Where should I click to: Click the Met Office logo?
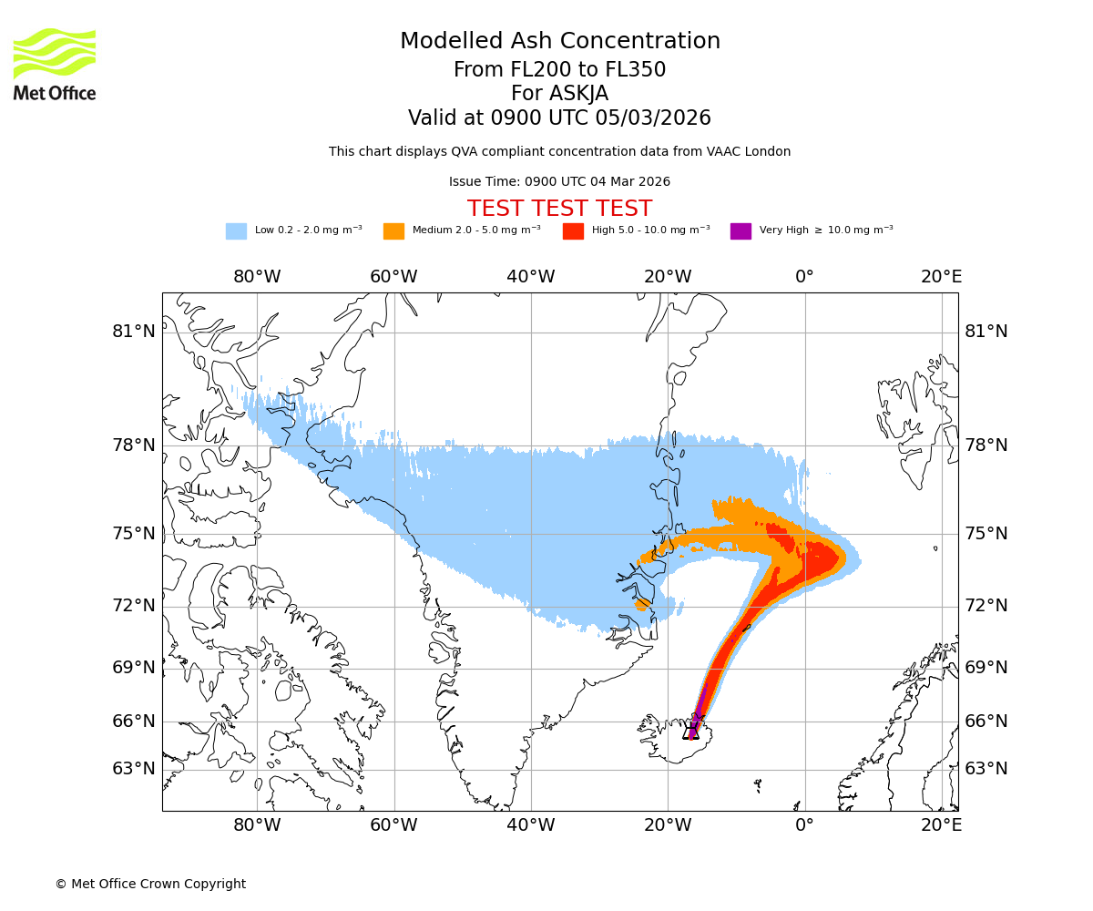click(x=55, y=64)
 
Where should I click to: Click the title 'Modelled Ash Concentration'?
click(x=560, y=42)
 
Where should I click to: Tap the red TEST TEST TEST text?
click(x=560, y=209)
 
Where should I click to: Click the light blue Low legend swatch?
click(x=236, y=231)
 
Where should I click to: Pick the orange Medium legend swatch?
click(x=393, y=231)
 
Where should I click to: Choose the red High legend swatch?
click(x=573, y=231)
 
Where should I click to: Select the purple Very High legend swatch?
click(x=741, y=231)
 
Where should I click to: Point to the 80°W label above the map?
click(x=257, y=277)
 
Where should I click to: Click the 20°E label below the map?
click(x=942, y=825)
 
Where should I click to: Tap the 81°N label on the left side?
click(x=134, y=332)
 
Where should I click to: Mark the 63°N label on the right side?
click(x=986, y=769)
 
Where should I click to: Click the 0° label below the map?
click(x=805, y=825)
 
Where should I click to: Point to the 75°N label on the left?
click(x=134, y=534)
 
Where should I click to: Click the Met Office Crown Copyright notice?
click(x=150, y=884)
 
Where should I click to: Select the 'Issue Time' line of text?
click(x=560, y=182)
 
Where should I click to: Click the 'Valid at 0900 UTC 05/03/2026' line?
click(x=560, y=118)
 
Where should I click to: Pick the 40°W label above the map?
click(x=531, y=277)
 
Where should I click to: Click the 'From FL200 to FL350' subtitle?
click(x=560, y=70)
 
